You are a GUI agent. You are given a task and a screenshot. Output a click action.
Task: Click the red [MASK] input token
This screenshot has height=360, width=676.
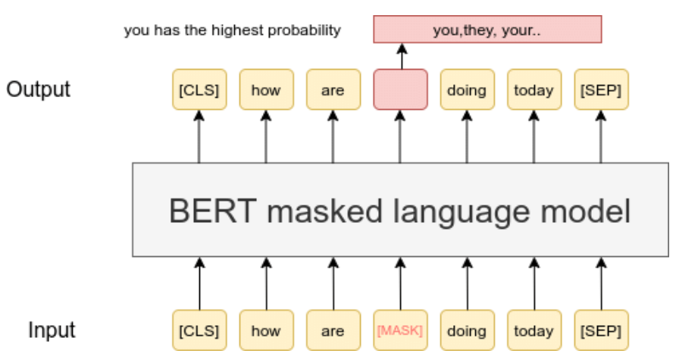tap(400, 330)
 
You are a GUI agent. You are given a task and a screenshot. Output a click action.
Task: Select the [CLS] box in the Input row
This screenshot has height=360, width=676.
tap(199, 330)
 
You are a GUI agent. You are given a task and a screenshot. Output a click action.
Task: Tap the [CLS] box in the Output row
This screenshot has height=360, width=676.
tap(199, 90)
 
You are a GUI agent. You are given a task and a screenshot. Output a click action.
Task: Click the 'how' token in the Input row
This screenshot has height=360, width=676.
tap(266, 330)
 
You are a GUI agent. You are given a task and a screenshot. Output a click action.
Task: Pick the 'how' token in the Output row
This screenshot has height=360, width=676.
tap(266, 90)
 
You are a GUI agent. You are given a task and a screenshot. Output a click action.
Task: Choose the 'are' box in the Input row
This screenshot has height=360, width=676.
tap(333, 330)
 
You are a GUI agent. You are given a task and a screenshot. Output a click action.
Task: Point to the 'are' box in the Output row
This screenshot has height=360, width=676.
tap(333, 90)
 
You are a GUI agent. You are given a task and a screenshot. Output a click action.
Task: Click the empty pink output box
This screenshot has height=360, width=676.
tap(400, 90)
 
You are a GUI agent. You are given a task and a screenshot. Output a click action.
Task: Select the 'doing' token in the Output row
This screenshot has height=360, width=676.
tap(467, 90)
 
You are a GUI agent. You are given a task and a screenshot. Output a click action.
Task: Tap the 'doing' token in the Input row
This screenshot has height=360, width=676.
tap(467, 330)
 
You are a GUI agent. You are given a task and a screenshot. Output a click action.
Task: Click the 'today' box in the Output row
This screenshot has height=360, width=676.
tap(534, 90)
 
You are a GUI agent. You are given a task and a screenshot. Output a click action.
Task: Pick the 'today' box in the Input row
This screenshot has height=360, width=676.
tap(534, 330)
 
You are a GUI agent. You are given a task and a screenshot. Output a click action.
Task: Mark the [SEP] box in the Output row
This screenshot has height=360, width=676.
tap(601, 90)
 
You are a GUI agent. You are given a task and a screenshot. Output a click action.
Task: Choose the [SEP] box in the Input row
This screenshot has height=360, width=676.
tap(601, 330)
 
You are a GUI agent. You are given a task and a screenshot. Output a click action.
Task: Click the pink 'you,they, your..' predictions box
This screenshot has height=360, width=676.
tap(487, 30)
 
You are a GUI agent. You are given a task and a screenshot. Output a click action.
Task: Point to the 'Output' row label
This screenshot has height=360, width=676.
tap(39, 89)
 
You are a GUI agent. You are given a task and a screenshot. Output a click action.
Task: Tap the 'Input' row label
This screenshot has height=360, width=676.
tap(52, 330)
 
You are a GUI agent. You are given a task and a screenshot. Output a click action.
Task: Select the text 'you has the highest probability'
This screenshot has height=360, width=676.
tap(232, 31)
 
